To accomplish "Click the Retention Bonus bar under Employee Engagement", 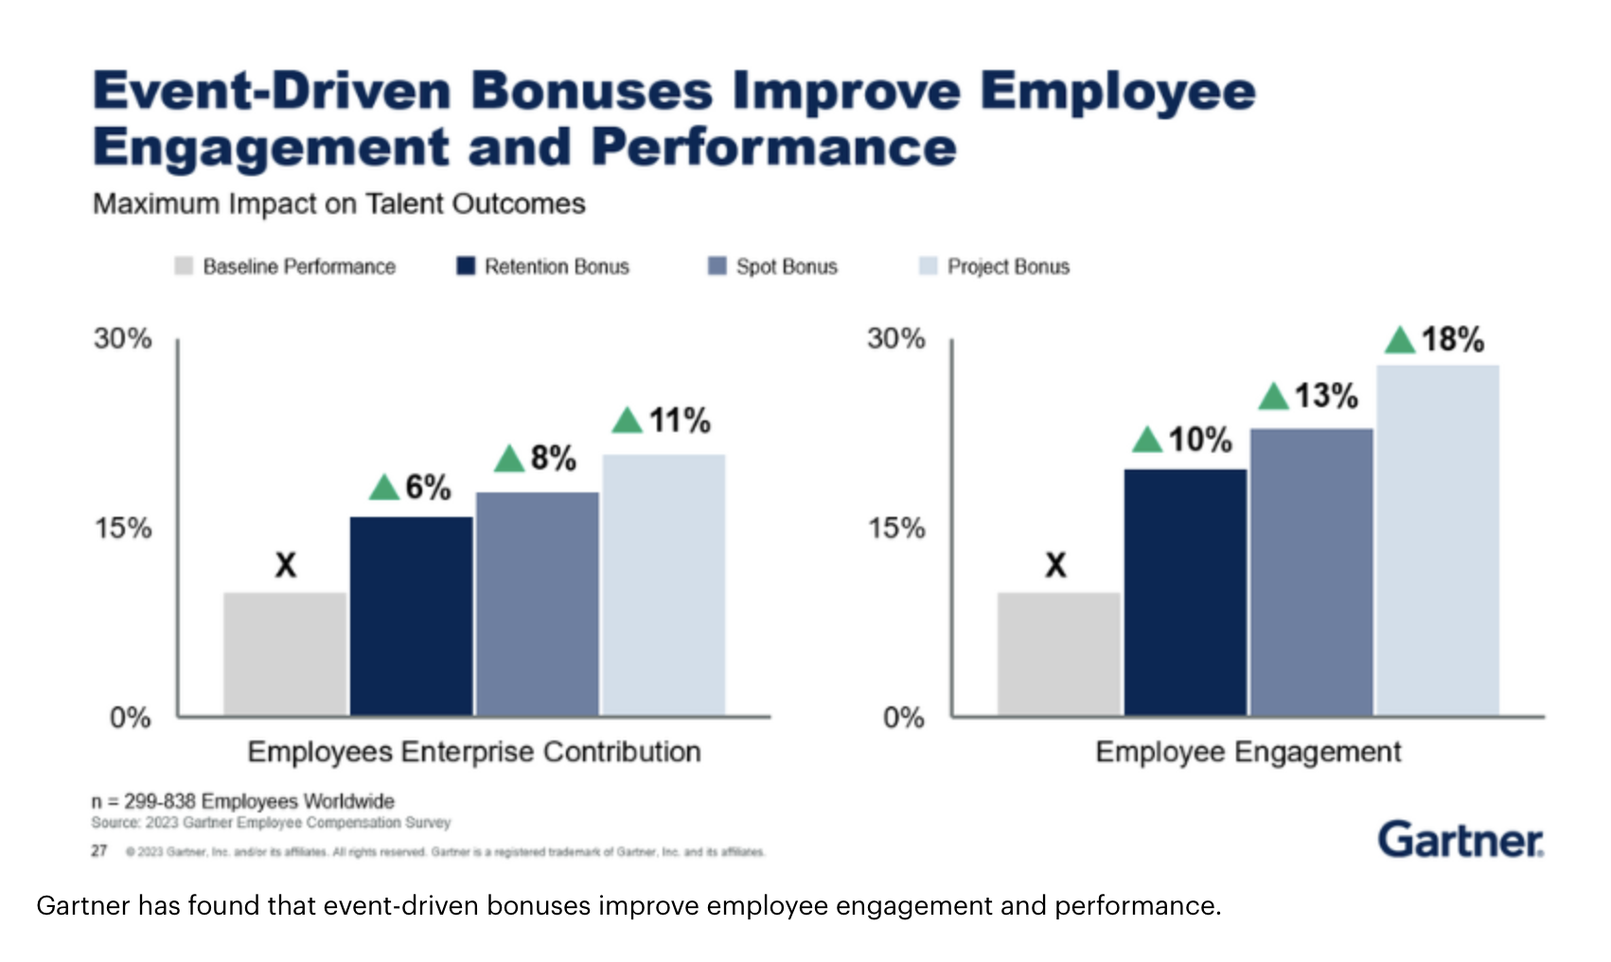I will click(1185, 592).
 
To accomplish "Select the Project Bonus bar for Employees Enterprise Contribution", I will click(664, 584).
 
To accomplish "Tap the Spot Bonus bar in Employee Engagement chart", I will click(1311, 571).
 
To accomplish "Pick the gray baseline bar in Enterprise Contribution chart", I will click(285, 653).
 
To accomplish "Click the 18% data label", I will click(1452, 339).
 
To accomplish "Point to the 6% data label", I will click(428, 487).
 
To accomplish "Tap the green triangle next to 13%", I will click(1273, 396).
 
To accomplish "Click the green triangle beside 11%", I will click(627, 419).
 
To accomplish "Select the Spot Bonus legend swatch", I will click(717, 266).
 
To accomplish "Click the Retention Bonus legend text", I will click(557, 267).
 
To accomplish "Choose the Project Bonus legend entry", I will click(1008, 267).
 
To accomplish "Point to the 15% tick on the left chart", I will click(123, 527).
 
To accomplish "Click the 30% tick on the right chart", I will click(895, 338).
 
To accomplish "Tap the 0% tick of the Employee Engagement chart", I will click(903, 717).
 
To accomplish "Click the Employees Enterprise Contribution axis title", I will click(473, 752).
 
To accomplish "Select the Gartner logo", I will click(1460, 839).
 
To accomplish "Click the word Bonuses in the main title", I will click(592, 91).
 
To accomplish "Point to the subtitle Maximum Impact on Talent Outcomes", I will click(339, 204).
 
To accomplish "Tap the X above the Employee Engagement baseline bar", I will click(1055, 565).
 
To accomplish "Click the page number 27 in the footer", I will click(99, 850).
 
